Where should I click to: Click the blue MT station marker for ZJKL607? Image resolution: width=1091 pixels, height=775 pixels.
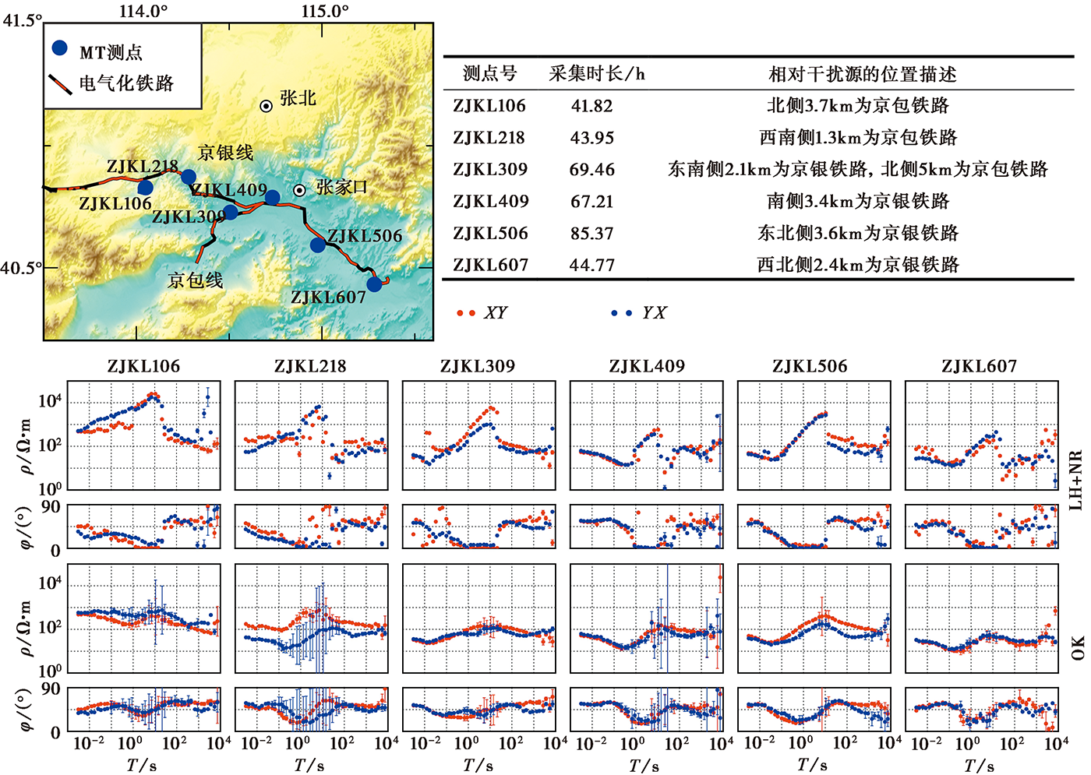(x=374, y=284)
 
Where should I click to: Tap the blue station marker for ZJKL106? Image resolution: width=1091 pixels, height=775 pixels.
(x=145, y=187)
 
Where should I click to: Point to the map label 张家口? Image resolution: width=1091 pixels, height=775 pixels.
(x=341, y=187)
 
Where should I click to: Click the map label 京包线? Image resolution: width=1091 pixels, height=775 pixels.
(x=195, y=280)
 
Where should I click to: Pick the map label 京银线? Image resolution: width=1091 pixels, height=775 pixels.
(x=225, y=153)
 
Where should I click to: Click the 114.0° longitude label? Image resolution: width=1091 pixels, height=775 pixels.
(x=143, y=11)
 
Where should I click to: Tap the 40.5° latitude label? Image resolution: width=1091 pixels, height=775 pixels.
(x=21, y=268)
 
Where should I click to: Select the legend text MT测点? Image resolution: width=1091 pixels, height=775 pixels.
(x=111, y=52)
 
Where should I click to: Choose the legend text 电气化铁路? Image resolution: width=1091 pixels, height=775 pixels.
(x=126, y=83)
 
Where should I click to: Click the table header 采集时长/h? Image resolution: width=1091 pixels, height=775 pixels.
(x=597, y=74)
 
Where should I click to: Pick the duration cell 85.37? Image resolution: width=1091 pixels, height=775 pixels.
(x=591, y=233)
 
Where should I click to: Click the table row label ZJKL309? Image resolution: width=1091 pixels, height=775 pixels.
(x=490, y=169)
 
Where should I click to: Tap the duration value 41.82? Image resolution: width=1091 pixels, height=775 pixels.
(x=591, y=106)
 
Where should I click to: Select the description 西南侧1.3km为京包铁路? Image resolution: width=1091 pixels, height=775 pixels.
(x=857, y=138)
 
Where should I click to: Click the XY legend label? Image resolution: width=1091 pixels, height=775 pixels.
(x=495, y=312)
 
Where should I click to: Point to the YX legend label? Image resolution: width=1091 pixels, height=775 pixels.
(x=654, y=312)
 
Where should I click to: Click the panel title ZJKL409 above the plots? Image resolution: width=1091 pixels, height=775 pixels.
(x=647, y=366)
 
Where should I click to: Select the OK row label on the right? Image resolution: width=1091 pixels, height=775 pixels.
(x=1077, y=646)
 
